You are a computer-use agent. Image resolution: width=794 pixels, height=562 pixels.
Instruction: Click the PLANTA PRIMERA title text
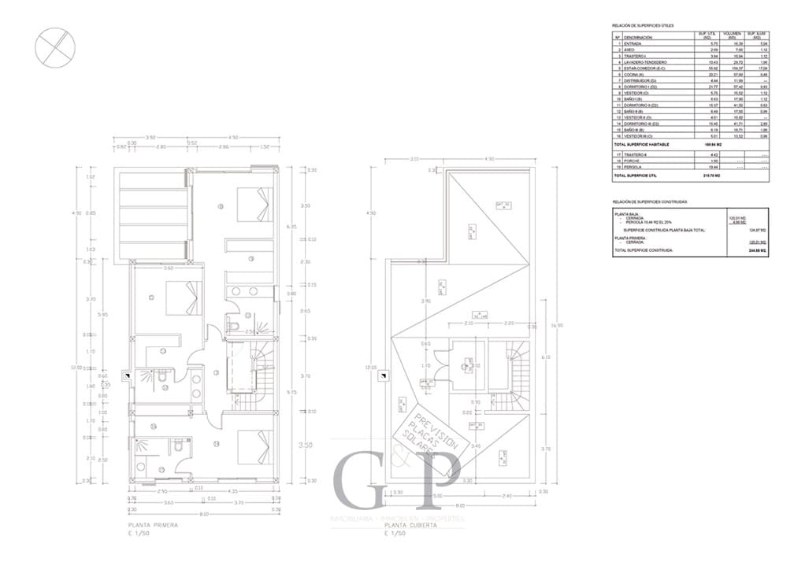coord(153,524)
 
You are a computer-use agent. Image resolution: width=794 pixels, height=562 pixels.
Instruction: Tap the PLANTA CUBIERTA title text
coord(410,524)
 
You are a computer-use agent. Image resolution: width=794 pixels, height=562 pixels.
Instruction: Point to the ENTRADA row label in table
coord(634,43)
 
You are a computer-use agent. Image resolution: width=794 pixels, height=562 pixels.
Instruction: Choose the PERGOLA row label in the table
coord(635,168)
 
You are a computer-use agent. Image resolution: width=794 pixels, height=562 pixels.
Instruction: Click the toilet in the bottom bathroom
coord(179,447)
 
